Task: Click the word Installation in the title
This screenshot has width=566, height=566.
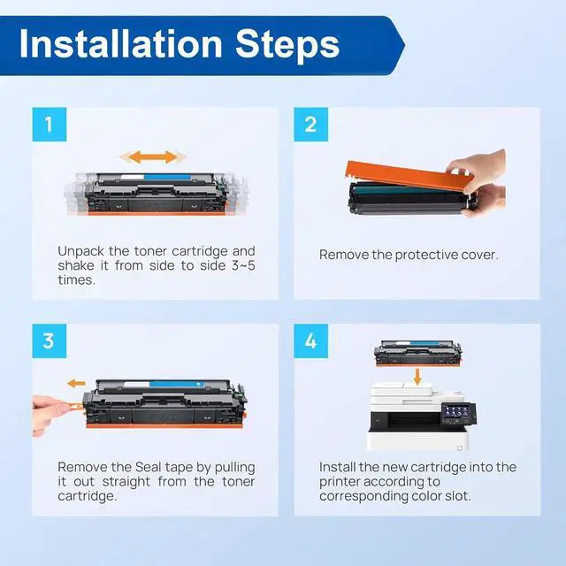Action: coord(121,44)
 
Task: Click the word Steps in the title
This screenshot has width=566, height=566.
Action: coord(287,44)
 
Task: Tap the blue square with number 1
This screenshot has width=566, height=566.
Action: coord(50,124)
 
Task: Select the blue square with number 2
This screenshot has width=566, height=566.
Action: coord(310,124)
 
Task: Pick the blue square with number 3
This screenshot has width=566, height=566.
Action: coord(50,340)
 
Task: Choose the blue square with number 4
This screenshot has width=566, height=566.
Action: coord(310,340)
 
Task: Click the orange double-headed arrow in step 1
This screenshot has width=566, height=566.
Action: coord(153,157)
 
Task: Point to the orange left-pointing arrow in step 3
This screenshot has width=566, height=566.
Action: coord(76,383)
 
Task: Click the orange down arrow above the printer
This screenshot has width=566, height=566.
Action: coord(417,377)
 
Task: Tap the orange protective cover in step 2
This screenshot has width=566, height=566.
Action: coord(408,175)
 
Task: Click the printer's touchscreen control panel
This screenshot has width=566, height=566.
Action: coord(458,414)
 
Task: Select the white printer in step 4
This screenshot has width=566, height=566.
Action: coord(421,417)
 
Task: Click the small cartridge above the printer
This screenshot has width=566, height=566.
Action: coord(417,353)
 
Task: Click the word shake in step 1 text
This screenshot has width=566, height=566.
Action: coord(77,265)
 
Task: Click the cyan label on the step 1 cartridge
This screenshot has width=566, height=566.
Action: coord(167,177)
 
